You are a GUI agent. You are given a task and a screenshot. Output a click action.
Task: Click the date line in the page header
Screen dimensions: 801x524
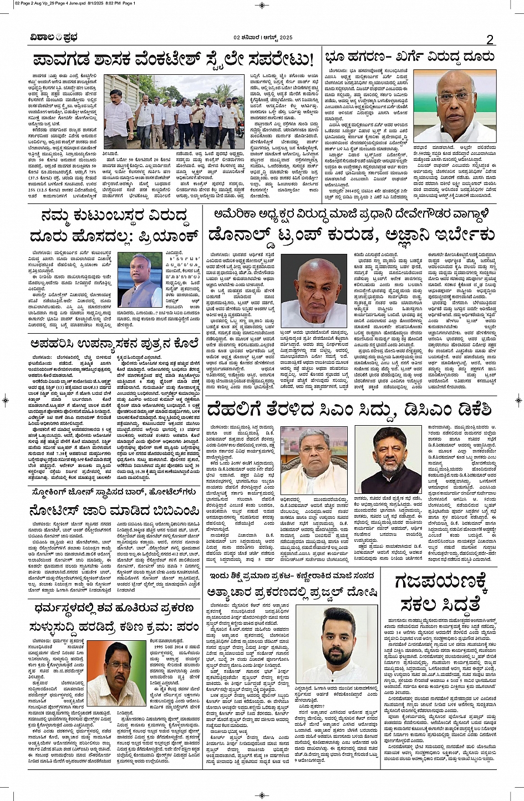pos(262,38)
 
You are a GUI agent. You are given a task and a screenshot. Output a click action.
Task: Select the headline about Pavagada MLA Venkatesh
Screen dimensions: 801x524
pos(174,59)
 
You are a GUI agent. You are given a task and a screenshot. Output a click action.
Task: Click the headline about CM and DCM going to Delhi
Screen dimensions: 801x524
pos(349,410)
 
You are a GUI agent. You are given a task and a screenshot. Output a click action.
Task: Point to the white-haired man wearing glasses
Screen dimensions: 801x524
pos(314,461)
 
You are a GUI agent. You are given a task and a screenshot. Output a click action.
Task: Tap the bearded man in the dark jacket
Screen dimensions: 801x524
pos(395,461)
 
